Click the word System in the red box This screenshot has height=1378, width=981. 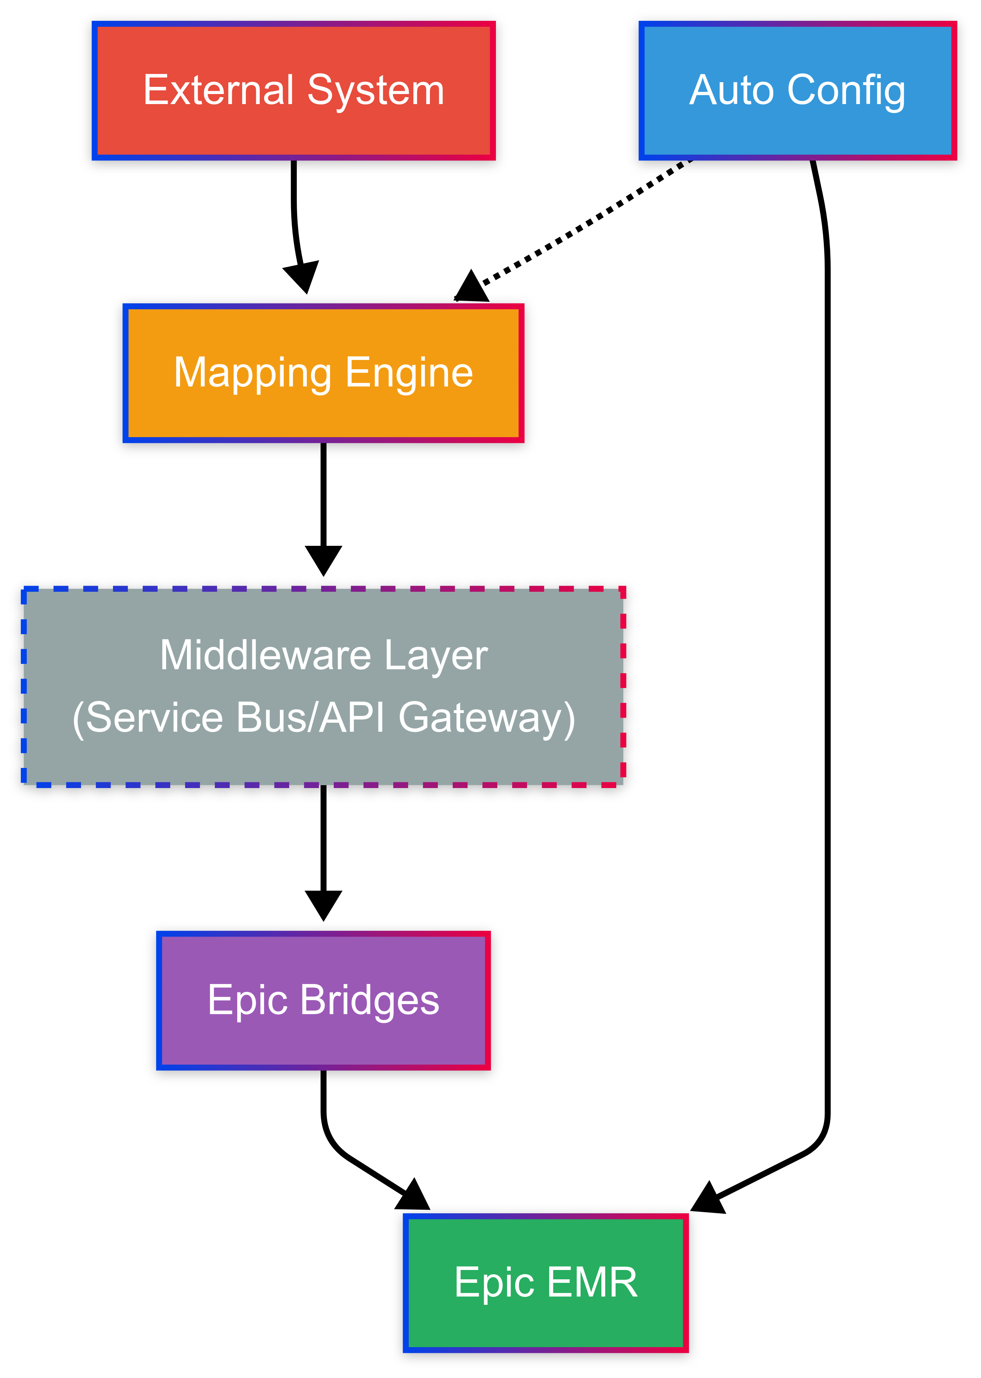point(376,91)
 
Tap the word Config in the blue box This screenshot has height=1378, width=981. point(846,91)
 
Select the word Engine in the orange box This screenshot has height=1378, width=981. point(409,373)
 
